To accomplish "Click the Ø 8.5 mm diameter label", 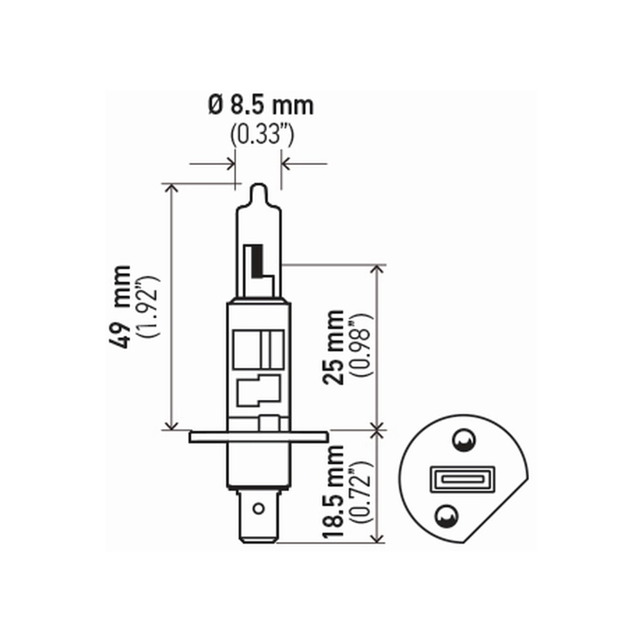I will (261, 105).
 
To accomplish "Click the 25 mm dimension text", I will (334, 347).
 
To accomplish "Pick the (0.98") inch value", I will (361, 347).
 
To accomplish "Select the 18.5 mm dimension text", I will (334, 487).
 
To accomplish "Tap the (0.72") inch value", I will (361, 487).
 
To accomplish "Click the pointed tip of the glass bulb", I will (257, 187).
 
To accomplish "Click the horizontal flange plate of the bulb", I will (259, 437).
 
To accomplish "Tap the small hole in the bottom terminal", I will (258, 509).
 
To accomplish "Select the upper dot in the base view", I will (461, 440).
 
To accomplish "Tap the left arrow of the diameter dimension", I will (229, 164).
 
